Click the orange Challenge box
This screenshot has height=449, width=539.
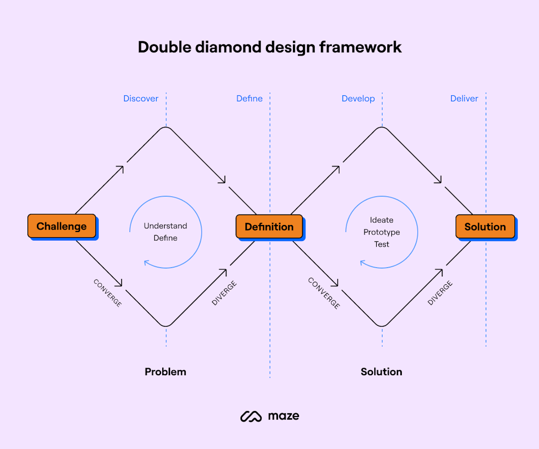coord(61,226)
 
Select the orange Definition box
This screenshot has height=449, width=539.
coord(269,226)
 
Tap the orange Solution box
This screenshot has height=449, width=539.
coord(485,226)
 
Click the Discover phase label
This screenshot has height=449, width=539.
coord(141,99)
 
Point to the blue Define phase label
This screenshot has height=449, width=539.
coord(250,99)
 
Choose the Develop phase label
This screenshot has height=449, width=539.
coord(358,99)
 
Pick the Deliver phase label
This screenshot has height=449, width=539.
coord(464,99)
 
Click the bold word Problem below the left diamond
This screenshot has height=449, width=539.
coord(165,372)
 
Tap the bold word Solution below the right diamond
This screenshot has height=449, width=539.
coord(381,372)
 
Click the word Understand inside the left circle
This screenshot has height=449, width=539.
coord(165,226)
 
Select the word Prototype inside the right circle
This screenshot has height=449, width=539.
coord(382,232)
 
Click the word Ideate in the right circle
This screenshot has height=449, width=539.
coord(382,220)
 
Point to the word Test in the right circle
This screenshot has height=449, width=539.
coord(382,244)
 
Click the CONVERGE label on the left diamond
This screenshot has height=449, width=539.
coord(107,293)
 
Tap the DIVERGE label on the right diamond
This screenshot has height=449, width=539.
coord(440,293)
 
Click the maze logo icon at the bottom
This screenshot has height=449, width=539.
coord(251,416)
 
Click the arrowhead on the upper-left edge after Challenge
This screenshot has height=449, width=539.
coord(120,169)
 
